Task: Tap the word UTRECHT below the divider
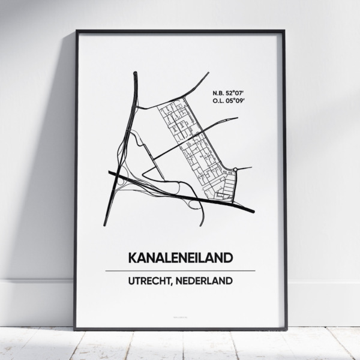coord(150,280)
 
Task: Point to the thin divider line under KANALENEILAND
coord(179,271)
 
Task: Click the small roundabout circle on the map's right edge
coord(236,170)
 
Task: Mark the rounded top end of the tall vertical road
coord(136,74)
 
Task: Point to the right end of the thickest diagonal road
coord(253,211)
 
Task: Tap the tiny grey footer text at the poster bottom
coord(179,313)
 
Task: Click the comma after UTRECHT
coord(173,283)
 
